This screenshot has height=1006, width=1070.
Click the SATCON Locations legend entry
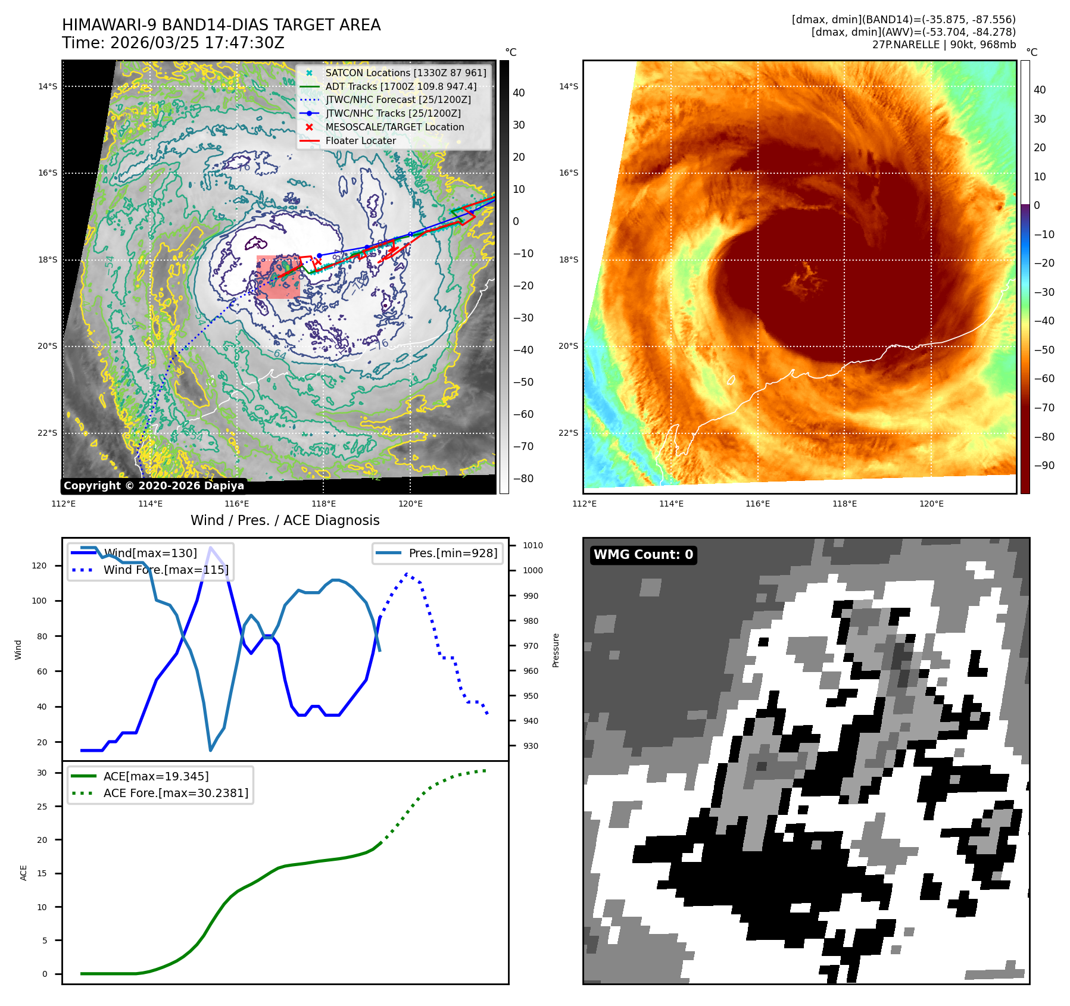pyautogui.click(x=405, y=73)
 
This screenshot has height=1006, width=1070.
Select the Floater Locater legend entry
pyautogui.click(x=360, y=141)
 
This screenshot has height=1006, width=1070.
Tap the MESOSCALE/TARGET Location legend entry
pyautogui.click(x=394, y=127)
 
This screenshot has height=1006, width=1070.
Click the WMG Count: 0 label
pyautogui.click(x=643, y=555)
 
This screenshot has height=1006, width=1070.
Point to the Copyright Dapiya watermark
pyautogui.click(x=154, y=486)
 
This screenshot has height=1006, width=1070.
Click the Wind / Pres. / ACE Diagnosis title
pyautogui.click(x=285, y=520)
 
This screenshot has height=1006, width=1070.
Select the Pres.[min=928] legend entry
pyautogui.click(x=453, y=553)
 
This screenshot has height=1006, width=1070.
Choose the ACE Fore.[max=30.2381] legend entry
pyautogui.click(x=176, y=793)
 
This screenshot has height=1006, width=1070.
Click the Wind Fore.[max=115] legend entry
pyautogui.click(x=166, y=570)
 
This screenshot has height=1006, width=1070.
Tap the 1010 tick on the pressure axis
pyautogui.click(x=532, y=545)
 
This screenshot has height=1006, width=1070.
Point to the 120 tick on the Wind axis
pyautogui.click(x=39, y=566)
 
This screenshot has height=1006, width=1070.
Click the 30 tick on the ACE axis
pyautogui.click(x=42, y=773)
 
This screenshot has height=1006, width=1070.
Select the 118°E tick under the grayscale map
pyautogui.click(x=323, y=504)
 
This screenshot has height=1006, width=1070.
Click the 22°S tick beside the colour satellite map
pyautogui.click(x=568, y=433)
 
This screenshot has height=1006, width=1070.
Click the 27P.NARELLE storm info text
pyautogui.click(x=944, y=45)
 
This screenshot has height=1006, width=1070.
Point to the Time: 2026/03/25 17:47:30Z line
pyautogui.click(x=173, y=43)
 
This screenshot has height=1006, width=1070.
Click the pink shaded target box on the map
pyautogui.click(x=278, y=277)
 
